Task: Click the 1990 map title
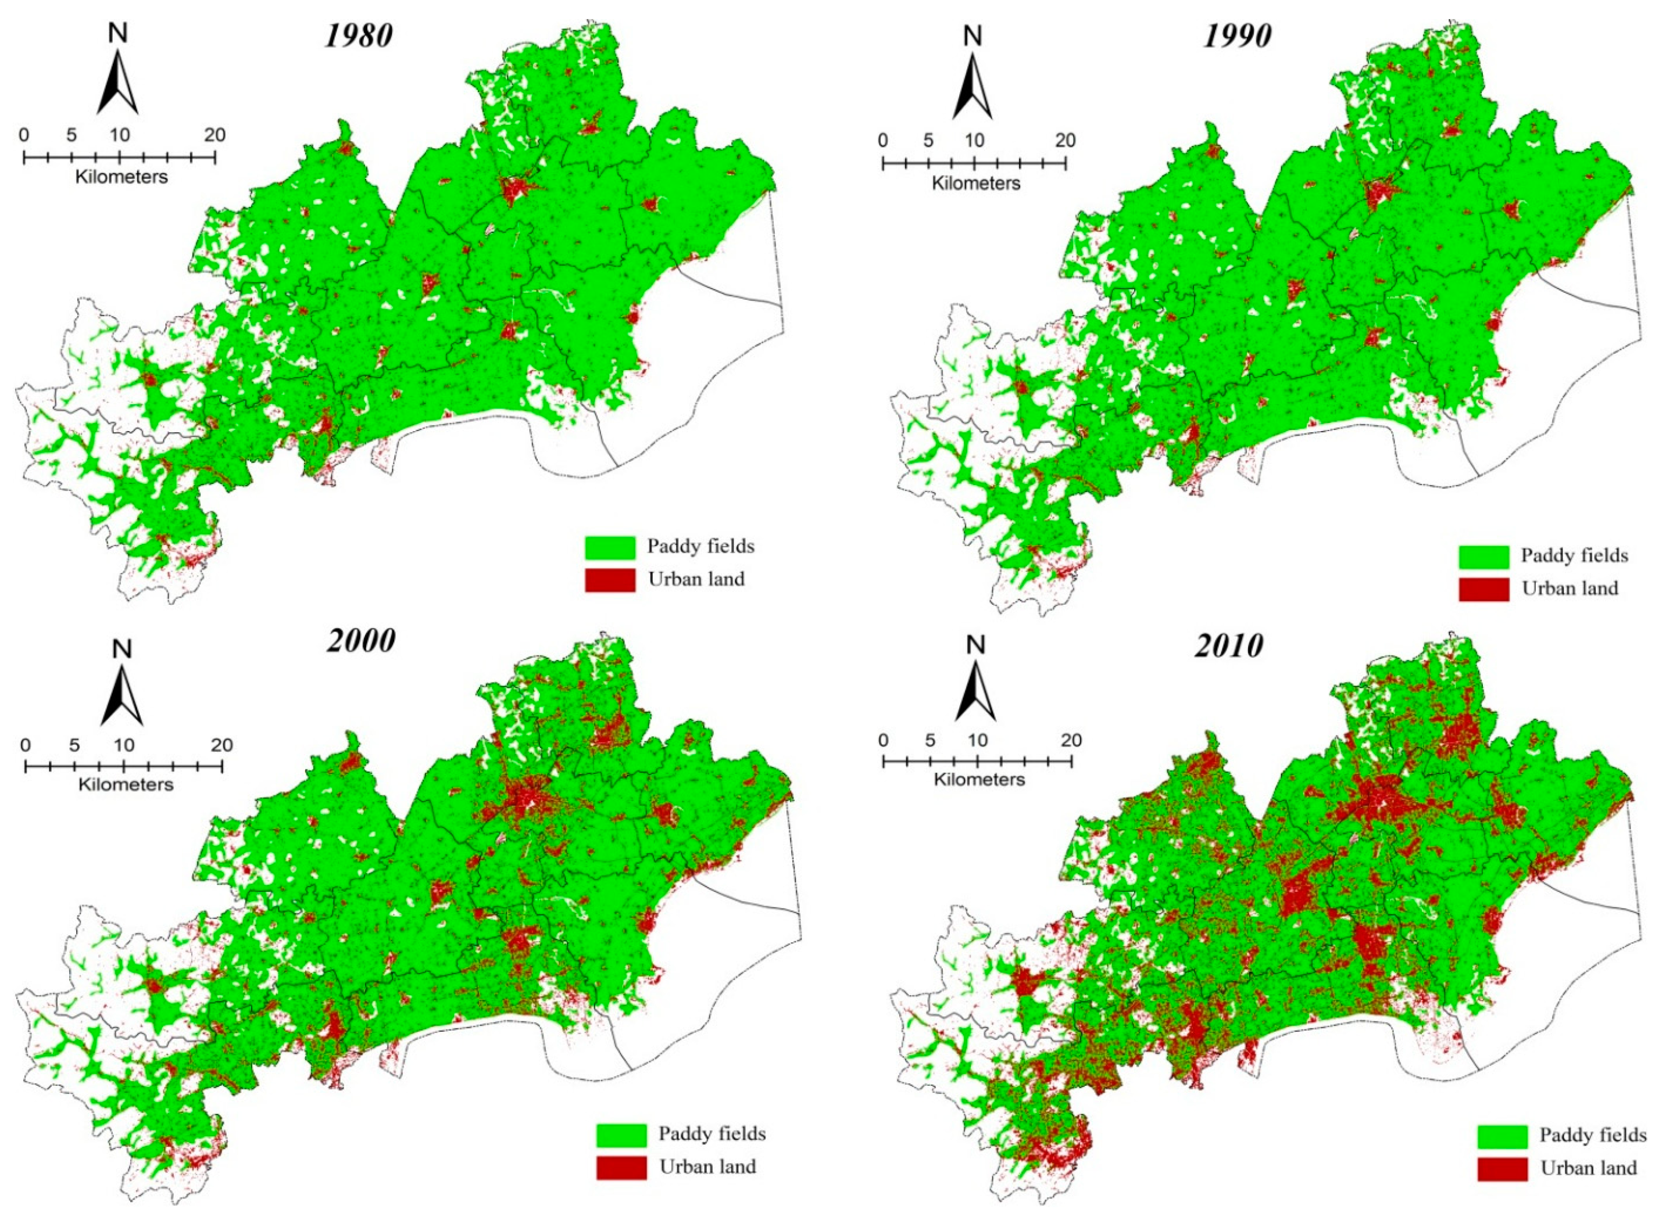click(x=1238, y=36)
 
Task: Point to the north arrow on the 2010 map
click(x=975, y=691)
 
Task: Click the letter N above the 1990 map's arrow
click(x=974, y=35)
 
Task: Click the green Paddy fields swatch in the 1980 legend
click(x=610, y=547)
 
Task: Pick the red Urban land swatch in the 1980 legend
click(x=610, y=580)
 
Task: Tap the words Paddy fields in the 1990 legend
click(x=1574, y=555)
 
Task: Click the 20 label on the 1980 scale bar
click(x=215, y=135)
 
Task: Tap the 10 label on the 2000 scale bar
click(x=123, y=745)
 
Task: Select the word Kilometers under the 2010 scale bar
click(x=979, y=779)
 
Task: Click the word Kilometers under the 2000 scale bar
click(x=126, y=784)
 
